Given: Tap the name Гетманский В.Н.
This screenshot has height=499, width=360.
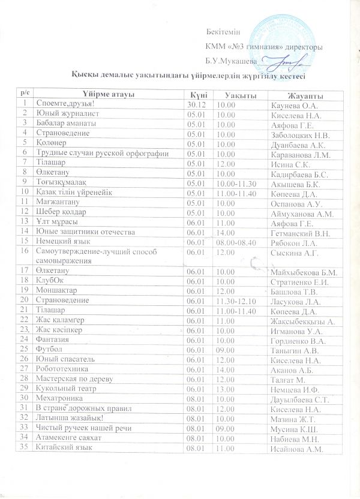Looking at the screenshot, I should tap(293, 231).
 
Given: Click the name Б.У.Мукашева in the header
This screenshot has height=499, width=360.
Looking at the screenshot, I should tap(230, 62).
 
